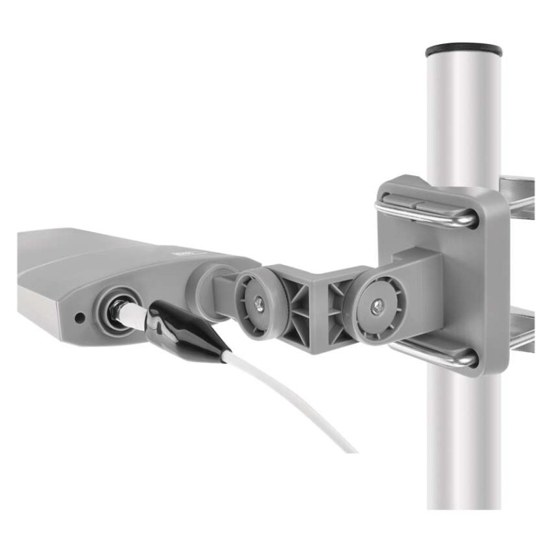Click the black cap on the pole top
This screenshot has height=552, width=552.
463,50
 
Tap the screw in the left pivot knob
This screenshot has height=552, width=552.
256,300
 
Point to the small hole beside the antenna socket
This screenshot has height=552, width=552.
80,318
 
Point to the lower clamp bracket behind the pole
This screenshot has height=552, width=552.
521,331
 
